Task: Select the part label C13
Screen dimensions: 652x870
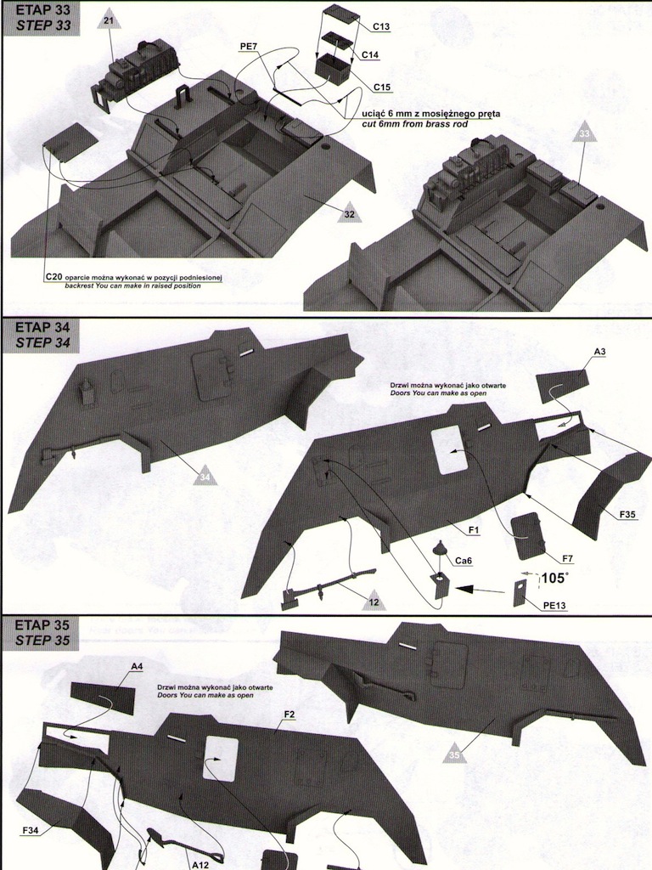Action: coord(381,27)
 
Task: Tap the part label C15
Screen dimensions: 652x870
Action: coord(381,88)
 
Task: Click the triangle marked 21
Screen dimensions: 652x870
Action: coord(107,20)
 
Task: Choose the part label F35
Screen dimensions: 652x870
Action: coord(629,514)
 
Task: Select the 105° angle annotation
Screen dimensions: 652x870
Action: coord(553,579)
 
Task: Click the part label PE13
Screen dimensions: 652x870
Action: coord(554,604)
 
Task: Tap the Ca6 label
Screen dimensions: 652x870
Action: coord(464,561)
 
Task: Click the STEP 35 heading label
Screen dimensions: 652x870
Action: coord(40,638)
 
